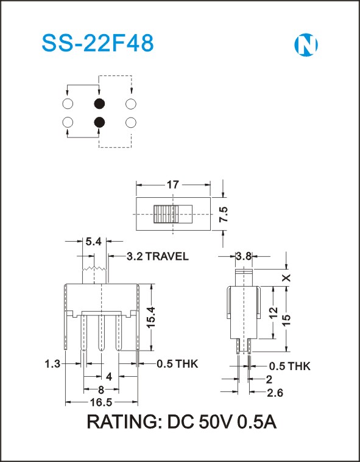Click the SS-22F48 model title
(x=97, y=43)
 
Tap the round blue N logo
(x=306, y=45)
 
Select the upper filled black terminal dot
(x=99, y=103)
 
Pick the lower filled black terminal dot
(x=99, y=122)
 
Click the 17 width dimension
(x=173, y=185)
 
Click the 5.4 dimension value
(x=93, y=242)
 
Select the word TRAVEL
(x=167, y=256)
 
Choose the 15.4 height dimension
(x=151, y=317)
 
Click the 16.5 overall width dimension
(x=101, y=402)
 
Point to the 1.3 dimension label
(x=52, y=364)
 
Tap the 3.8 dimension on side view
(x=244, y=256)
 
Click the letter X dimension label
(x=286, y=278)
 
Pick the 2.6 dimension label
(x=275, y=393)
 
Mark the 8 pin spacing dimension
(x=101, y=390)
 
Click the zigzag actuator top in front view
(x=94, y=268)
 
